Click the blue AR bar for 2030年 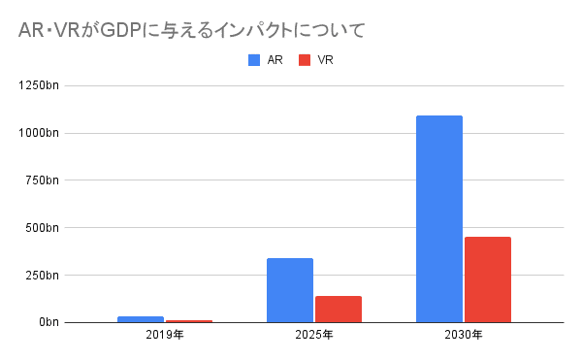[x=438, y=218]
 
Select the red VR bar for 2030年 [x=487, y=279]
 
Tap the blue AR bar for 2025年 [x=289, y=289]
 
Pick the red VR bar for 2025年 [x=338, y=309]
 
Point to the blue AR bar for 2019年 [x=141, y=318]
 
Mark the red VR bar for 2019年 [x=188, y=320]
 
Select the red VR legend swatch [x=305, y=60]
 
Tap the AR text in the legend [x=275, y=60]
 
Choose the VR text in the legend [x=324, y=60]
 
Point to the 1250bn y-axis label [x=40, y=86]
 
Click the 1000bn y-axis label [x=40, y=133]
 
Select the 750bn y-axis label [x=43, y=180]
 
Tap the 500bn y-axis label [x=43, y=228]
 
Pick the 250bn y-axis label [x=43, y=275]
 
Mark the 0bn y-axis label [x=48, y=322]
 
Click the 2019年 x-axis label [x=164, y=336]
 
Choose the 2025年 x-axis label [x=313, y=336]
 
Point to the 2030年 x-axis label [x=463, y=336]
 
